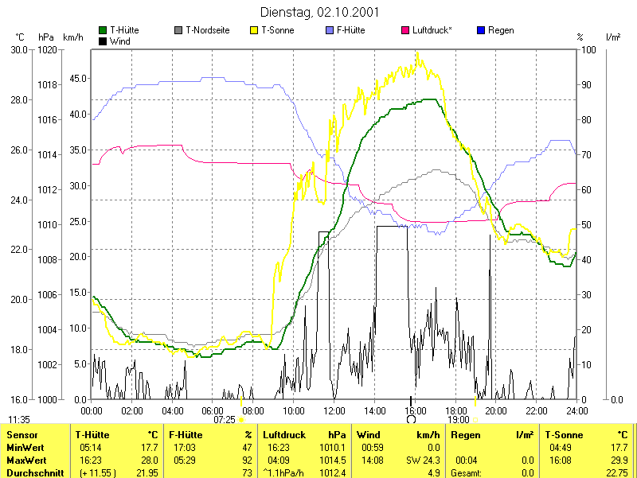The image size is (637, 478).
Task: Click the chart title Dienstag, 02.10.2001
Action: [x=319, y=12]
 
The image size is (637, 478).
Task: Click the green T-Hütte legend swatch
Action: [x=103, y=30]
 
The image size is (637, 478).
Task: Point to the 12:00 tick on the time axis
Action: [x=334, y=410]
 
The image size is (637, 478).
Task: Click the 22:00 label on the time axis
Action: [x=536, y=410]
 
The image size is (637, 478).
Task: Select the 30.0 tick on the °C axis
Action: [x=19, y=49]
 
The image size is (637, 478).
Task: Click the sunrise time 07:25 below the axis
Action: [x=225, y=419]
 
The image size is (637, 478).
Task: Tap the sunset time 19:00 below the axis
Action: [x=458, y=419]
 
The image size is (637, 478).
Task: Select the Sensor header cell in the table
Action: [x=22, y=435]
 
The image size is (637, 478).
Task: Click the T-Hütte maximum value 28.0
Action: [x=149, y=461]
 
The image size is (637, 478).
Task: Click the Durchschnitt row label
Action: [x=31, y=472]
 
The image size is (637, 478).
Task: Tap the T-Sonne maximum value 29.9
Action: [x=618, y=461]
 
